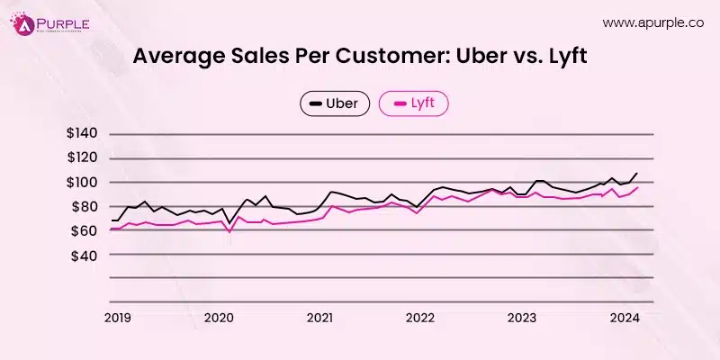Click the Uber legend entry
[x=334, y=104]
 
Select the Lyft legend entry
[x=413, y=104]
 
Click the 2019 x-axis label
[x=118, y=317]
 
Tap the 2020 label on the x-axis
[x=220, y=317]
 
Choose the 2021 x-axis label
[x=319, y=317]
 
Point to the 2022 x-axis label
[x=420, y=317]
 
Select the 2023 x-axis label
[x=521, y=317]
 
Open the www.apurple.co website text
[x=652, y=22]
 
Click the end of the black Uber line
[x=638, y=173]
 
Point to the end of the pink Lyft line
[x=638, y=187]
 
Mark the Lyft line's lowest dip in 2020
[x=229, y=232]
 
